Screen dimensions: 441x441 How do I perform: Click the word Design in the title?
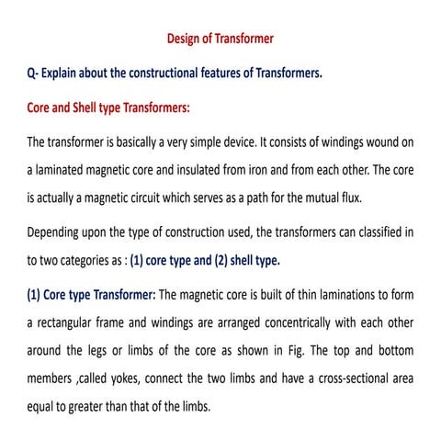pos(186,40)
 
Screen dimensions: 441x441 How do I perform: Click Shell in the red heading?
pos(92,107)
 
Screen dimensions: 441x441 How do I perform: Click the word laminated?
pos(64,170)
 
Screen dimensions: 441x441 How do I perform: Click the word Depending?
pos(57,232)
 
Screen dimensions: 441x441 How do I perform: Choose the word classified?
pos(375,232)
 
